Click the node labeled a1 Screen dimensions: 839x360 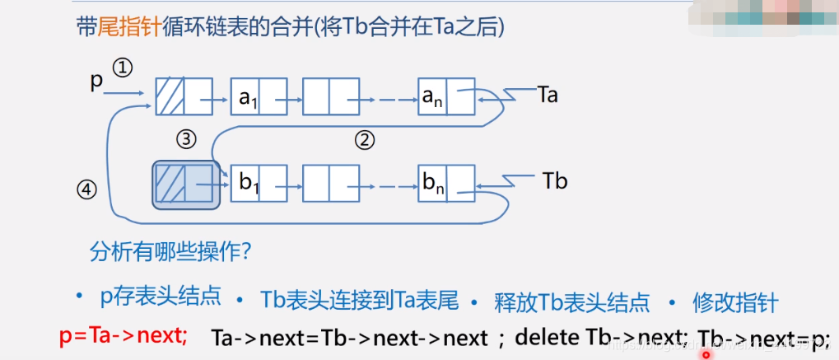click(259, 96)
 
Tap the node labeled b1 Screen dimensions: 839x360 click(259, 183)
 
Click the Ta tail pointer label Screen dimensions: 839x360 click(547, 95)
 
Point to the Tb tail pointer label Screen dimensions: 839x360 click(556, 180)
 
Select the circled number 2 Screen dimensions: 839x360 click(365, 139)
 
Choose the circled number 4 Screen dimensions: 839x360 click(87, 190)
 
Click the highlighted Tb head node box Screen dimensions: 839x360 click(185, 184)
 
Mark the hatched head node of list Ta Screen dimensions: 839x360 click(184, 96)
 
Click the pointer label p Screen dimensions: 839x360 click(96, 82)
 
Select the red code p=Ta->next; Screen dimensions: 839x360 click(124, 336)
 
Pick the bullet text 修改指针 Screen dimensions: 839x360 click(735, 302)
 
